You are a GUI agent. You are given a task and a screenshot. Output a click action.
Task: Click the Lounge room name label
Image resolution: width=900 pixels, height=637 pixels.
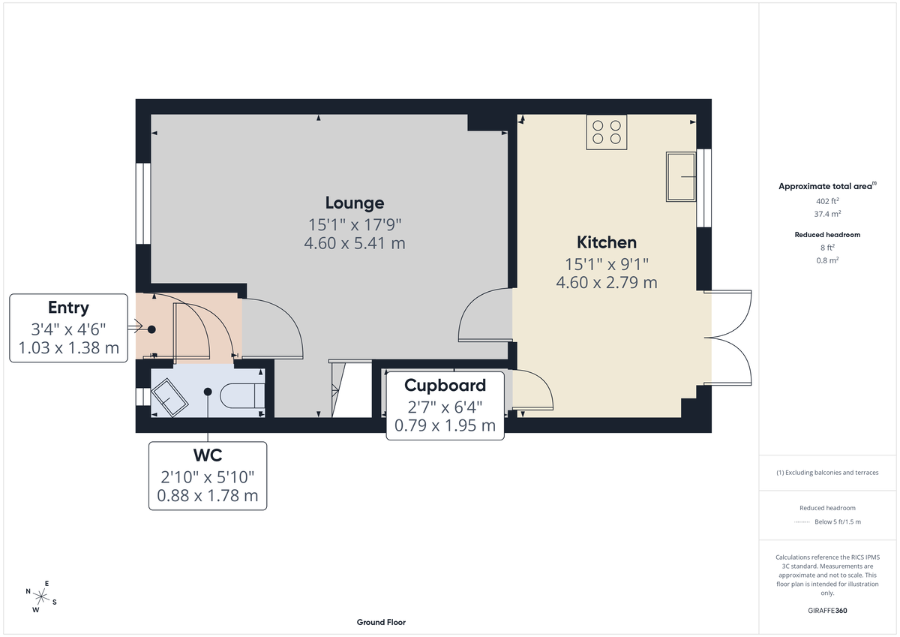point(355,203)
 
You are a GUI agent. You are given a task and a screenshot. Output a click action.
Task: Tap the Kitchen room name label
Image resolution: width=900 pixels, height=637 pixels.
point(606,242)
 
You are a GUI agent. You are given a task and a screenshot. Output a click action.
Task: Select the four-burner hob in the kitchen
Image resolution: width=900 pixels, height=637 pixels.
point(606,132)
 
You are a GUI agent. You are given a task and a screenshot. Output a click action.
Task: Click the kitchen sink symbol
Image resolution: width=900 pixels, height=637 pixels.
point(680,177)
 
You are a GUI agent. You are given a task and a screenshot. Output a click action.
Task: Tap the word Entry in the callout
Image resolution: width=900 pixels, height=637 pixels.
point(68,308)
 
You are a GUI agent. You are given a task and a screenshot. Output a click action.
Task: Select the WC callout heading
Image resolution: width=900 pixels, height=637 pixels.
point(207,455)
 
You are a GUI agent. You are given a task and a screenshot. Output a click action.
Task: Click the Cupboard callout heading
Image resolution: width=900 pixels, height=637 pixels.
point(445,386)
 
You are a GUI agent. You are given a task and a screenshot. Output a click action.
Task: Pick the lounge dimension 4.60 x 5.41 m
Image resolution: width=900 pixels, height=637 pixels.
point(355,243)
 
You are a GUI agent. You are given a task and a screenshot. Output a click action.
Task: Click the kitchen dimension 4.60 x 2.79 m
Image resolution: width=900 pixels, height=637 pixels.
point(606,282)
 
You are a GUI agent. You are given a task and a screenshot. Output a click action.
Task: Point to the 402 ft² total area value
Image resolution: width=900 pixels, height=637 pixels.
point(827,201)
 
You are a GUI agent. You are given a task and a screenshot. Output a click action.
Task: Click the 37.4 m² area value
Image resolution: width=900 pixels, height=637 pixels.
point(827,213)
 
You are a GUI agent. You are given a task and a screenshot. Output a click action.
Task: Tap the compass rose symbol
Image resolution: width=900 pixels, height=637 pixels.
point(42,597)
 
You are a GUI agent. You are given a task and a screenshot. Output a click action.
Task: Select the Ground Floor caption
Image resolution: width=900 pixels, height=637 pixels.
point(381,622)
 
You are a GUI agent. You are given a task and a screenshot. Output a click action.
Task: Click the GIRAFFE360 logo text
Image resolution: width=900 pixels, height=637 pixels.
point(826,611)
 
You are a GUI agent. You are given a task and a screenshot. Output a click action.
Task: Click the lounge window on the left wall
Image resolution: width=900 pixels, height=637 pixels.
point(142,203)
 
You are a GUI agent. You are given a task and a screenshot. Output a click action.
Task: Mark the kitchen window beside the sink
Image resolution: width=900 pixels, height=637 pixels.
point(703,188)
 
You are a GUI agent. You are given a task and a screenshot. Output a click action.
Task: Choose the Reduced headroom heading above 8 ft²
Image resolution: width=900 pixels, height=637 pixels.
point(827,235)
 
